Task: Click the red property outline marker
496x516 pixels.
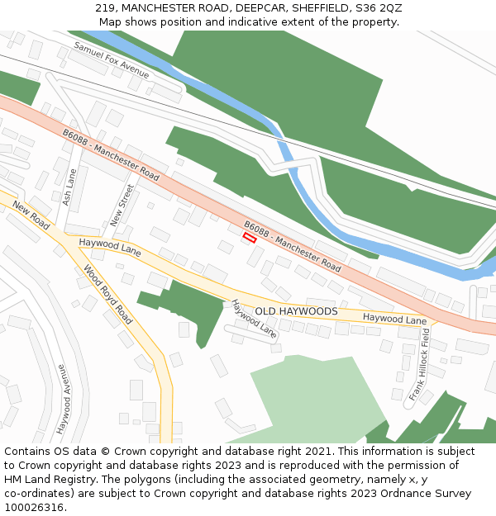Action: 249,237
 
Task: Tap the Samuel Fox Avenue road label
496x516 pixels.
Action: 112,60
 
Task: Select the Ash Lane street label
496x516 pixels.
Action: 70,189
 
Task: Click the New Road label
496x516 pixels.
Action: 31,215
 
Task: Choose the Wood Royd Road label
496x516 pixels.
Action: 107,294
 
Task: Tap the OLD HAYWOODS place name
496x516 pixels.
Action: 296,311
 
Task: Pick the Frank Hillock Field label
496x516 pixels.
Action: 420,364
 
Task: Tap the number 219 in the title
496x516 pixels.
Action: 105,8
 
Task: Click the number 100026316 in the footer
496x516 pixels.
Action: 35,507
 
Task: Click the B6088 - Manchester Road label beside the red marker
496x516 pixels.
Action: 292,246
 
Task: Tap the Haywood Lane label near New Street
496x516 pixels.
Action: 110,246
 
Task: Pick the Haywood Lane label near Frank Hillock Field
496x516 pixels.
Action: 394,319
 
